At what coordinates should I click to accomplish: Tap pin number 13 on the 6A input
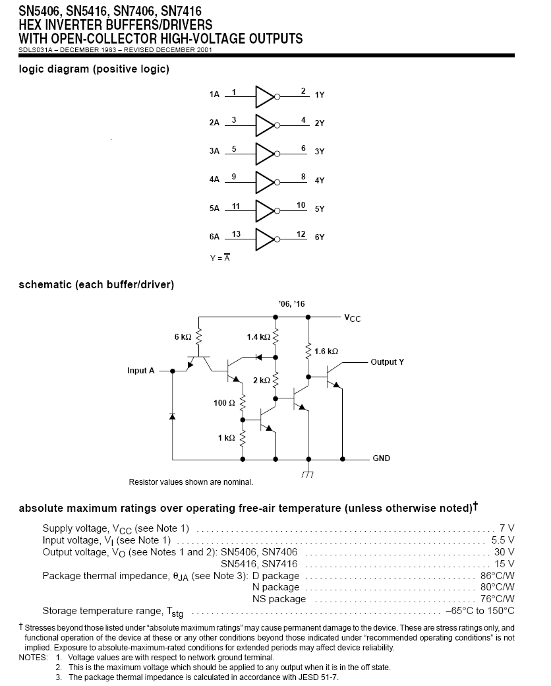coord(237,234)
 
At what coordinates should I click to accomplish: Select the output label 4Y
coord(320,180)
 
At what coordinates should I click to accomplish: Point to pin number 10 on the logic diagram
coord(301,205)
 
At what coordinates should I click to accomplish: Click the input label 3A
coord(214,151)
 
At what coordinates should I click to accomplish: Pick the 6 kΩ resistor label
coord(183,336)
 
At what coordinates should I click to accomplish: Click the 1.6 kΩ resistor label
coord(327,352)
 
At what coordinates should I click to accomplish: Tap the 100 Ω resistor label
coord(224,402)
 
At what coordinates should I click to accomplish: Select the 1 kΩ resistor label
coord(225,438)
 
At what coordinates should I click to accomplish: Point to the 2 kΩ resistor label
coord(262,381)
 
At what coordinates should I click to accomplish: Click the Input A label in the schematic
coord(141,371)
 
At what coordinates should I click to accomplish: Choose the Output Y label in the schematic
coord(387,362)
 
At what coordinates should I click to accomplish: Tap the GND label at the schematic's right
coord(381,458)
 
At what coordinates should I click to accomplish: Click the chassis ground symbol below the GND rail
coord(307,474)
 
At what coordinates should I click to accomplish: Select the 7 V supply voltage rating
coord(507,528)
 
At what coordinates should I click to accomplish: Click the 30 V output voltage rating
coord(504,552)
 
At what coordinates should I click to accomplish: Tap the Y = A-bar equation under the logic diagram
coord(219,258)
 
